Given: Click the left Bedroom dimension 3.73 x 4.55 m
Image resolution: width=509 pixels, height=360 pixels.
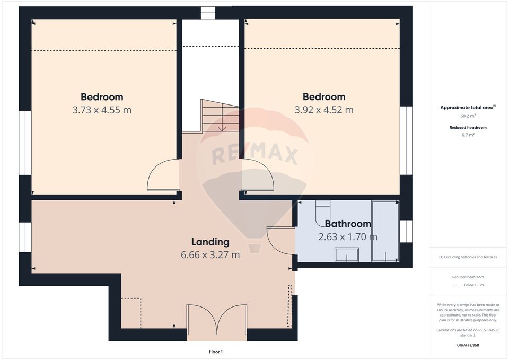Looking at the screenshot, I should coord(102,110).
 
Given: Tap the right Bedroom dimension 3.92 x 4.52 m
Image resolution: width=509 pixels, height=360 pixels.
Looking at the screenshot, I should coord(324,110).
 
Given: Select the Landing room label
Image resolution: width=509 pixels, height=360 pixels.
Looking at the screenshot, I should coord(210,242).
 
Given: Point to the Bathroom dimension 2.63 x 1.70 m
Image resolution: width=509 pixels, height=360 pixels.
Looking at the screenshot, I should coord(348,237).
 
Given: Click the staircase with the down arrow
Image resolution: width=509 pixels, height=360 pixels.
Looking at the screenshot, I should coord(219,116).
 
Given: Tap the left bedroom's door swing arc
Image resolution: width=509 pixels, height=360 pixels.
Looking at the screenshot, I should coord(162,177).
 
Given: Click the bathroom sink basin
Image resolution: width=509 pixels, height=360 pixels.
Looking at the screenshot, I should coord(347,256).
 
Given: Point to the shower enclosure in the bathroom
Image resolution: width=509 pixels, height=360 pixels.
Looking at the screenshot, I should coord(385,231).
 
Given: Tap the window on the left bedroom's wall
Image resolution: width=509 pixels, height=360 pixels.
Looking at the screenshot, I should coord(25,143).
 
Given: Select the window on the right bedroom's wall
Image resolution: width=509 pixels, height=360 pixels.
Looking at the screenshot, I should coord(406,141).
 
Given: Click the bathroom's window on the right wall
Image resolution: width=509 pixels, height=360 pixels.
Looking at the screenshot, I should coord(406,232).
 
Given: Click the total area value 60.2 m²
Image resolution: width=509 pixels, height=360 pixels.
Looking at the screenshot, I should coord(468,116).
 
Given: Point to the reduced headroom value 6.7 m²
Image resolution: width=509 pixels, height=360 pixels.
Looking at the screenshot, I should coord(468,135).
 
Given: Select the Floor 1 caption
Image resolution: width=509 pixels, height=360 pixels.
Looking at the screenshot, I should coord(215,352).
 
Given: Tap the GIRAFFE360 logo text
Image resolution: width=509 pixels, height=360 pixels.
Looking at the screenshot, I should coord(468,345).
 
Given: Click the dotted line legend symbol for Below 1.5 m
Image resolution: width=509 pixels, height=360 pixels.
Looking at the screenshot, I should coord(457,285).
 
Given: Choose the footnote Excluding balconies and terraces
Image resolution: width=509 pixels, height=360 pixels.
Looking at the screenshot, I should coord(468,257).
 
